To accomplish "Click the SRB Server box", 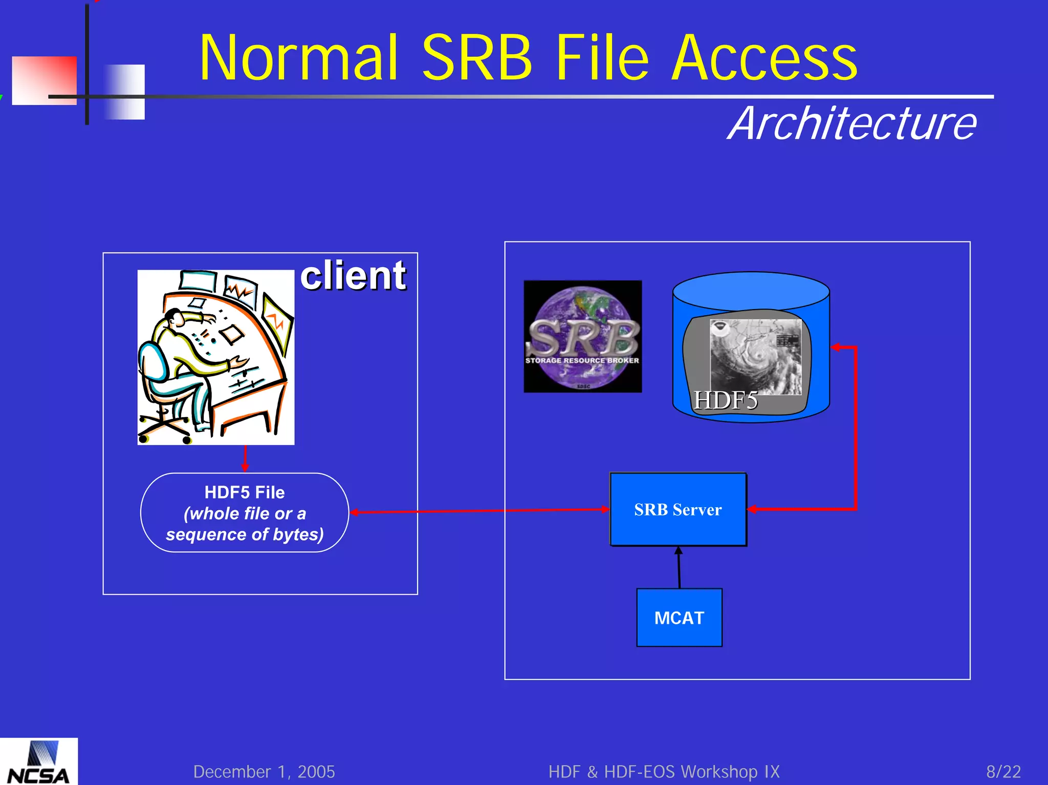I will click(678, 509).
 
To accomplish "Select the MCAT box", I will click(679, 618).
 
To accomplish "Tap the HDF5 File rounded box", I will click(245, 513).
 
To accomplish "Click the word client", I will click(353, 276).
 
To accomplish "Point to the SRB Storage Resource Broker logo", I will click(582, 337).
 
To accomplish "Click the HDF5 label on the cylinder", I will click(725, 400).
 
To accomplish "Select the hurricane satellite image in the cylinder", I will click(756, 357).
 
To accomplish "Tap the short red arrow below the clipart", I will click(245, 459).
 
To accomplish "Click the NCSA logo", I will click(39, 762).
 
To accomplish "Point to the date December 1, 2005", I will click(264, 772).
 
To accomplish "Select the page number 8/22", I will click(1003, 772).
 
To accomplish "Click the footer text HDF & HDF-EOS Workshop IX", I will click(664, 772).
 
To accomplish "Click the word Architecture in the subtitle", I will click(852, 124).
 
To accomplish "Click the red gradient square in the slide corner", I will click(44, 80).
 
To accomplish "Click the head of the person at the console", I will click(175, 317).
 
